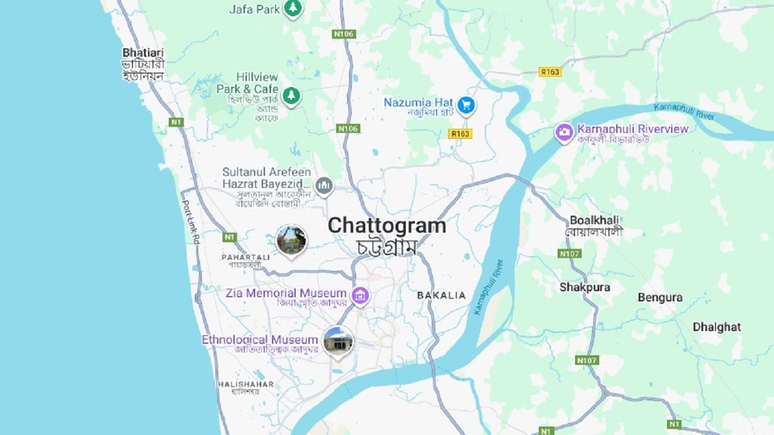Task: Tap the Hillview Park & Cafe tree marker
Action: tap(291, 95)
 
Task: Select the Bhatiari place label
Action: tap(143, 53)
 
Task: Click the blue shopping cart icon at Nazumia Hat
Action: tap(465, 105)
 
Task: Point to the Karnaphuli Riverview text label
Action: tap(633, 129)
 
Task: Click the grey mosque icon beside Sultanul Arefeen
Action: tap(324, 185)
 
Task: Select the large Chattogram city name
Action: tap(386, 226)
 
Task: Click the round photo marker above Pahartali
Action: tap(291, 240)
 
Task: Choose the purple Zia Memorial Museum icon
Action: tap(361, 295)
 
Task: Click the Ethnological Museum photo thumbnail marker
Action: tap(338, 341)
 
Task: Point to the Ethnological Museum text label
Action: tap(260, 340)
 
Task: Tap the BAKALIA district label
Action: tap(441, 295)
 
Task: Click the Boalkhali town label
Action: tap(596, 221)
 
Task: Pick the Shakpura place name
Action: tap(585, 288)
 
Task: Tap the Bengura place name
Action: tap(660, 297)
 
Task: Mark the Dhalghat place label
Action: tap(717, 327)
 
